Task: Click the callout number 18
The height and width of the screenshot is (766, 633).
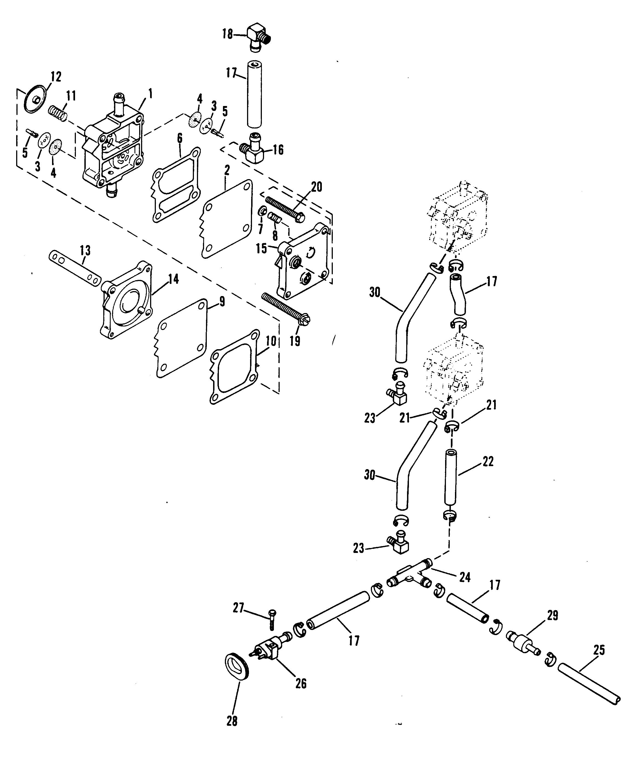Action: pos(228,34)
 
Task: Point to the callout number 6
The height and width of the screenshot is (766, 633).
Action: pos(180,139)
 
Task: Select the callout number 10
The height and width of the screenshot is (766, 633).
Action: pos(271,342)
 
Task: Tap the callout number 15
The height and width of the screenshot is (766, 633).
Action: pos(261,249)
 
